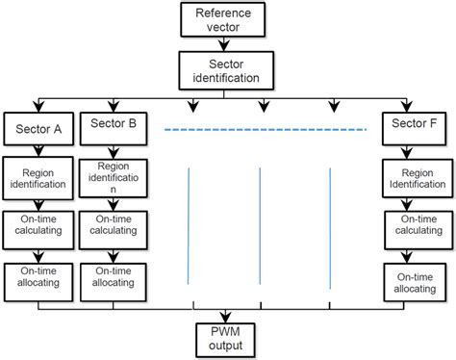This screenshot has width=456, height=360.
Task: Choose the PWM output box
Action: [x=228, y=338]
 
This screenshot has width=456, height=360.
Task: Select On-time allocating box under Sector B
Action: [x=114, y=277]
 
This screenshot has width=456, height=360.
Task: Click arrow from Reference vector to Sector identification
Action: [x=228, y=44]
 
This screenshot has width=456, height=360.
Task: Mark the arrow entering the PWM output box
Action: [x=228, y=315]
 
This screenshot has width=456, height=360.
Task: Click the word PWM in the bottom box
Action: [x=228, y=331]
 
